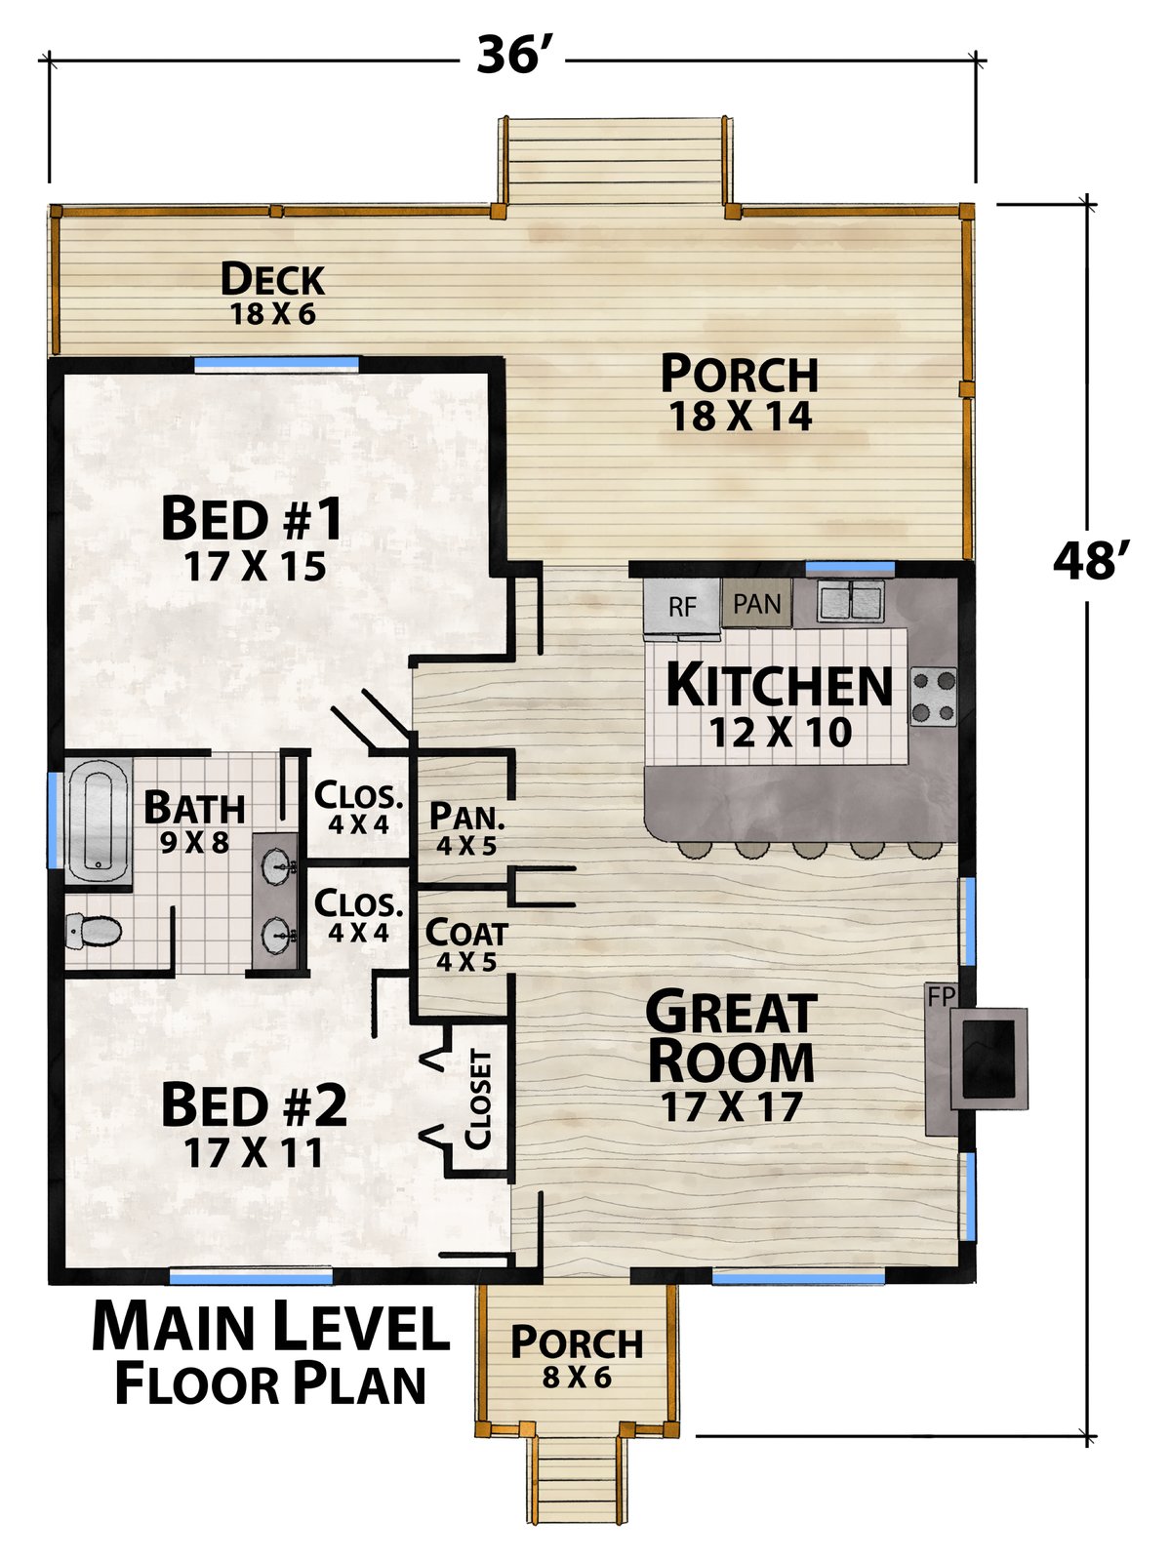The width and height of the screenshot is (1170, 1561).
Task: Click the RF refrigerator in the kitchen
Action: [682, 607]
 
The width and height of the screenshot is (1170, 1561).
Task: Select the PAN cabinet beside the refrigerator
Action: [757, 603]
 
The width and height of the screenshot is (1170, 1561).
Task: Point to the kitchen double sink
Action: [851, 601]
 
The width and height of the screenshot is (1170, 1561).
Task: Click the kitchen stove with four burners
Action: [934, 697]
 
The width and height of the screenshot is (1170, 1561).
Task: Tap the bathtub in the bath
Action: [99, 821]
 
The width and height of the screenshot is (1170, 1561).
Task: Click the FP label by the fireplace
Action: [941, 996]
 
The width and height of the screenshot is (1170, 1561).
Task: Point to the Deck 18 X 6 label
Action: [272, 294]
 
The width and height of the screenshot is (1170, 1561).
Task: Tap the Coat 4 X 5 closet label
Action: [465, 945]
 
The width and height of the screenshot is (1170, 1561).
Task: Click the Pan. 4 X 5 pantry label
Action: [466, 829]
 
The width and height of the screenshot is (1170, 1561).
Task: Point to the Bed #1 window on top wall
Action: [277, 363]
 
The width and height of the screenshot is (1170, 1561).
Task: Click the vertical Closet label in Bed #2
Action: [478, 1099]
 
